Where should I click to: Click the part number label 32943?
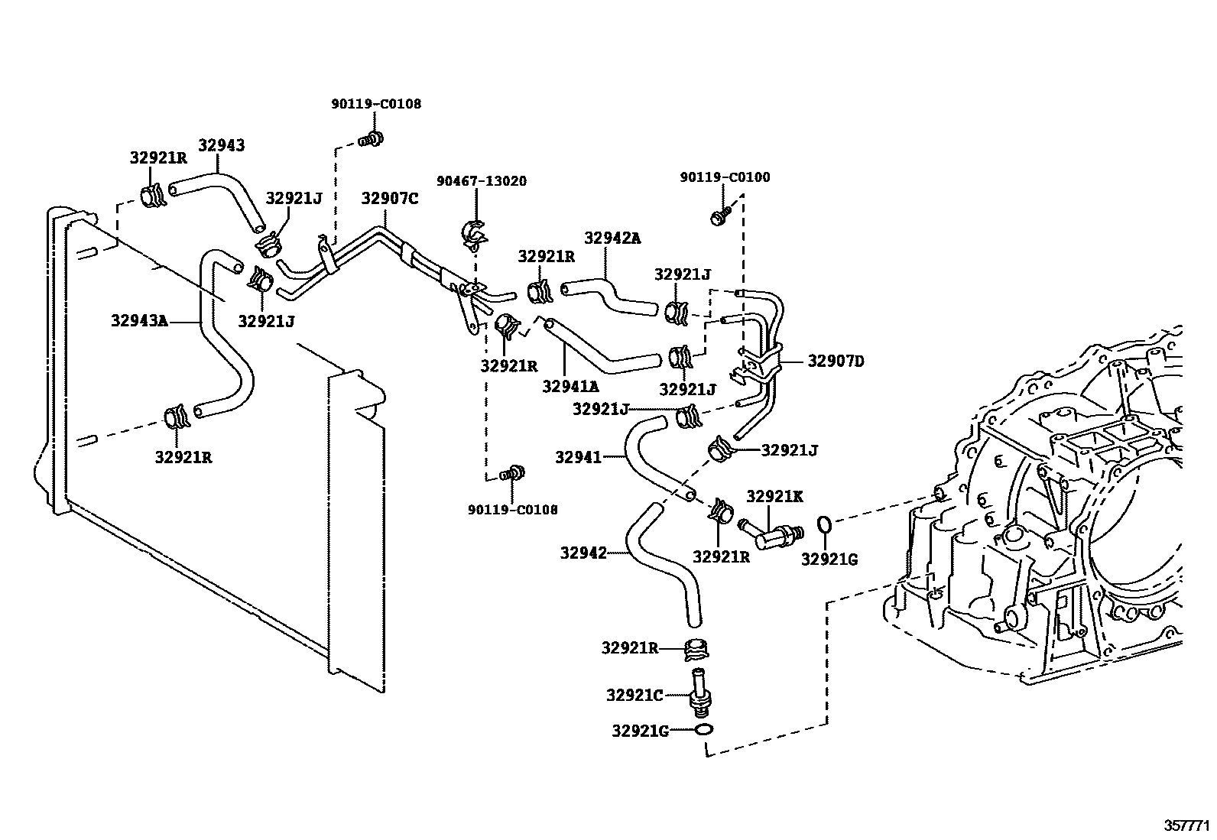coord(222,145)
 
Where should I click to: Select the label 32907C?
coord(390,199)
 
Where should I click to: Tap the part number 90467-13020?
coord(482,181)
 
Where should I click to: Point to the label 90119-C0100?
coord(725,177)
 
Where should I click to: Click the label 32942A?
coord(612,238)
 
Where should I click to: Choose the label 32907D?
coord(836,361)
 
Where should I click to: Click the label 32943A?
coord(138,321)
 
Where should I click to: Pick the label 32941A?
coord(570,387)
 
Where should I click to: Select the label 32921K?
coord(774,496)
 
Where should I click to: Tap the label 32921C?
coord(634,696)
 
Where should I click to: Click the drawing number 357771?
coord(1186,826)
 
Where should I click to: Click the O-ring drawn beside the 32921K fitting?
coord(825,524)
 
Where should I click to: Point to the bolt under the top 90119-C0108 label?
coord(372,139)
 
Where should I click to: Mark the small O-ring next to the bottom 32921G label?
coord(706,731)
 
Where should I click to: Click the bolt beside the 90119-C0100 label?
coord(720,215)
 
